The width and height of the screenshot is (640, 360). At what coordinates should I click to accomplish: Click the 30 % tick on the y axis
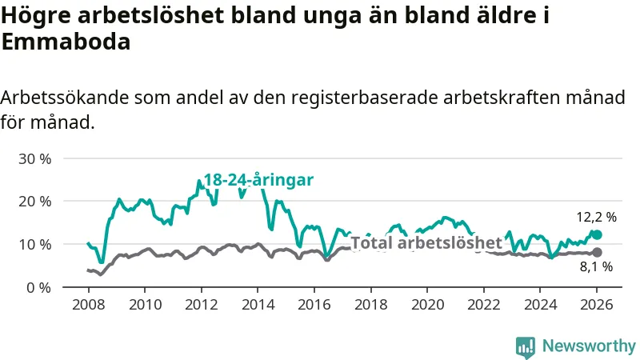pyautogui.click(x=34, y=158)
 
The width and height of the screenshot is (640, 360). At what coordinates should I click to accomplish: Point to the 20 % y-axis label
pyautogui.click(x=34, y=201)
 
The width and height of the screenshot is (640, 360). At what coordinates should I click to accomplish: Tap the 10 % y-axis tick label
pyautogui.click(x=34, y=244)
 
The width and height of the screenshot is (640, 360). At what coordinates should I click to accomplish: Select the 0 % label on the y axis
pyautogui.click(x=38, y=286)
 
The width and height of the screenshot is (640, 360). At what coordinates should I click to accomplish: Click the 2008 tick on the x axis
pyautogui.click(x=87, y=305)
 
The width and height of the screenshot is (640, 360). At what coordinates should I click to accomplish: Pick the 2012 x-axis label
pyautogui.click(x=201, y=305)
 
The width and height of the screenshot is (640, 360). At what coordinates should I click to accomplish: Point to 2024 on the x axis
pyautogui.click(x=540, y=305)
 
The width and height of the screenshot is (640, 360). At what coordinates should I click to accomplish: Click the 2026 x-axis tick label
pyautogui.click(x=597, y=305)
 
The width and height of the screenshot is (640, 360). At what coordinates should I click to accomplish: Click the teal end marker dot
pyautogui.click(x=597, y=235)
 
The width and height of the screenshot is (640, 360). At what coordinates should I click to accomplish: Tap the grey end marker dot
pyautogui.click(x=597, y=253)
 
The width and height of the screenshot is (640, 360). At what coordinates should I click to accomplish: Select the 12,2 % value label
pyautogui.click(x=597, y=217)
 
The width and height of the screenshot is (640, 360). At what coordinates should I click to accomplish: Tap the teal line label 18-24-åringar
pyautogui.click(x=258, y=180)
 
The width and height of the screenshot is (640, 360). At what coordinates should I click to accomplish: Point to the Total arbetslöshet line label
pyautogui.click(x=426, y=242)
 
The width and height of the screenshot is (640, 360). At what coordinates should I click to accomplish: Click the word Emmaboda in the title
pyautogui.click(x=66, y=43)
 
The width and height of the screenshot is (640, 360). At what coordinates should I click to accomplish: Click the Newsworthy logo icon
pyautogui.click(x=526, y=346)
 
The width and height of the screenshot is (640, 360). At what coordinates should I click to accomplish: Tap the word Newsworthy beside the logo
pyautogui.click(x=589, y=346)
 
